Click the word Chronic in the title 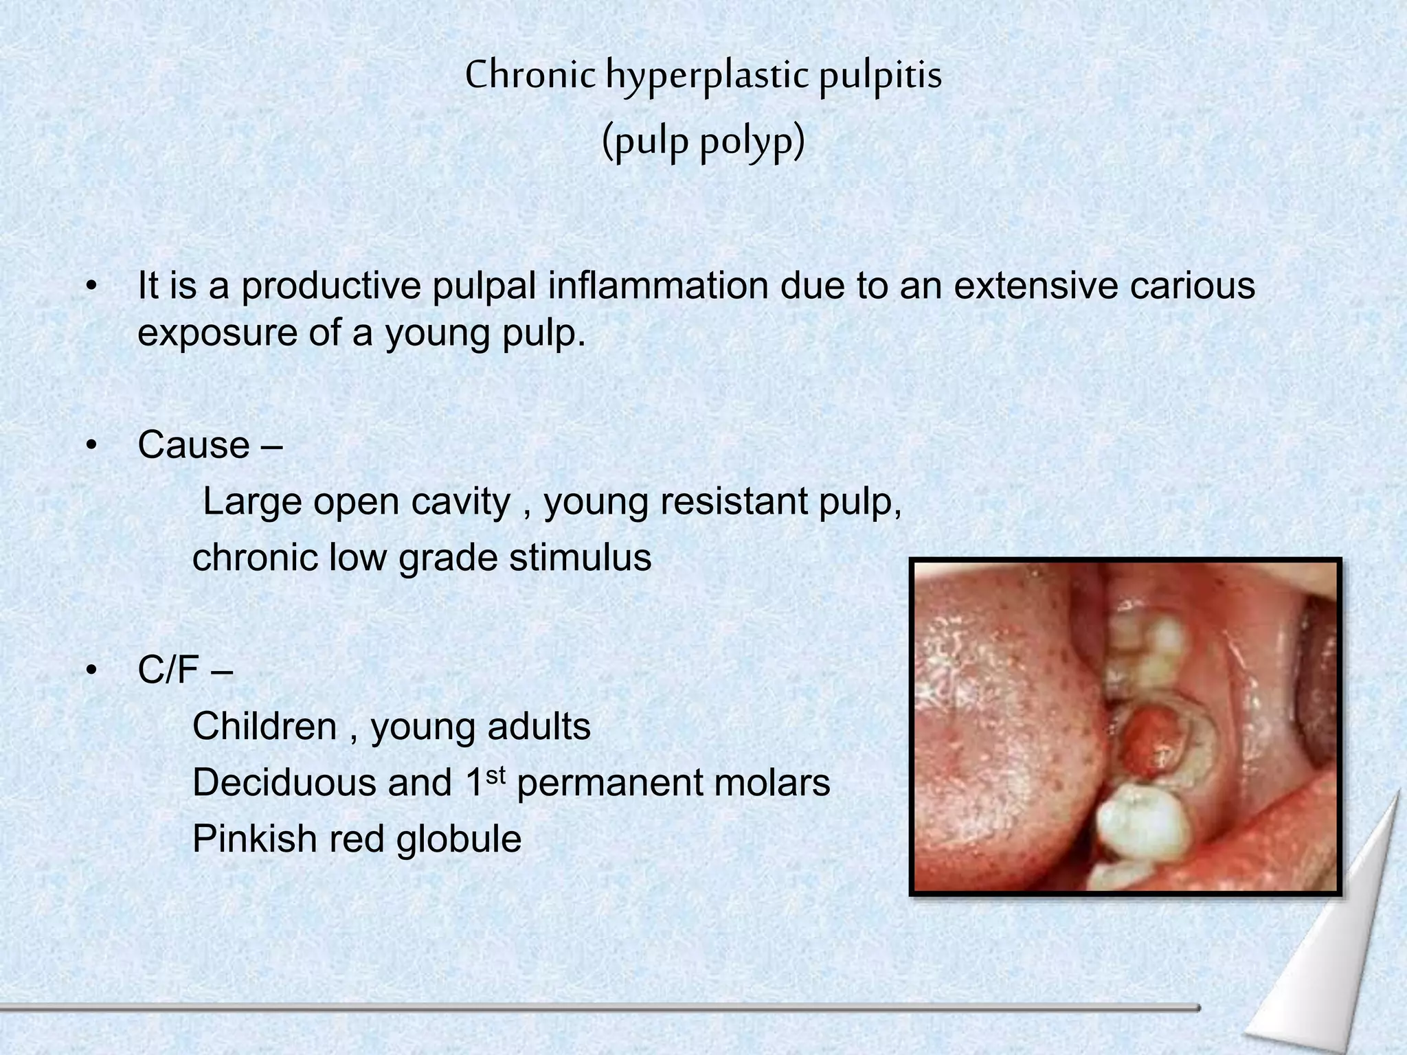pyautogui.click(x=530, y=76)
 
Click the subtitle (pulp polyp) pyautogui.click(x=703, y=142)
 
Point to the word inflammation pyautogui.click(x=657, y=286)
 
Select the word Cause pyautogui.click(x=194, y=445)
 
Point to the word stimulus pyautogui.click(x=580, y=557)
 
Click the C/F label pyautogui.click(x=169, y=670)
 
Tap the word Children pyautogui.click(x=264, y=726)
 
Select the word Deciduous pyautogui.click(x=284, y=782)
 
